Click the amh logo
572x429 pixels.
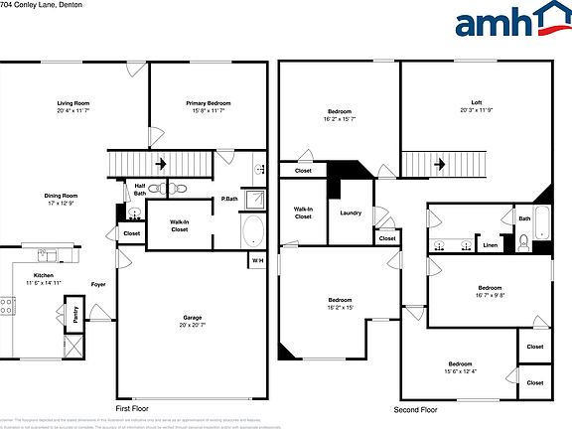click(506, 22)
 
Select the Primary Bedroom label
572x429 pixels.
click(209, 103)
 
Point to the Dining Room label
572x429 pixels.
click(61, 196)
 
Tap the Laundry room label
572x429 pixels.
click(350, 213)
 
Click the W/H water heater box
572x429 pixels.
click(257, 260)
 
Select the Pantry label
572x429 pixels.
click(75, 314)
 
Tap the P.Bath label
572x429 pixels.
click(229, 200)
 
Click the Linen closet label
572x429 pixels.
click(490, 244)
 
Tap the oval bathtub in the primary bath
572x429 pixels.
click(253, 232)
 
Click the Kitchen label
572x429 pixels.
click(44, 275)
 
